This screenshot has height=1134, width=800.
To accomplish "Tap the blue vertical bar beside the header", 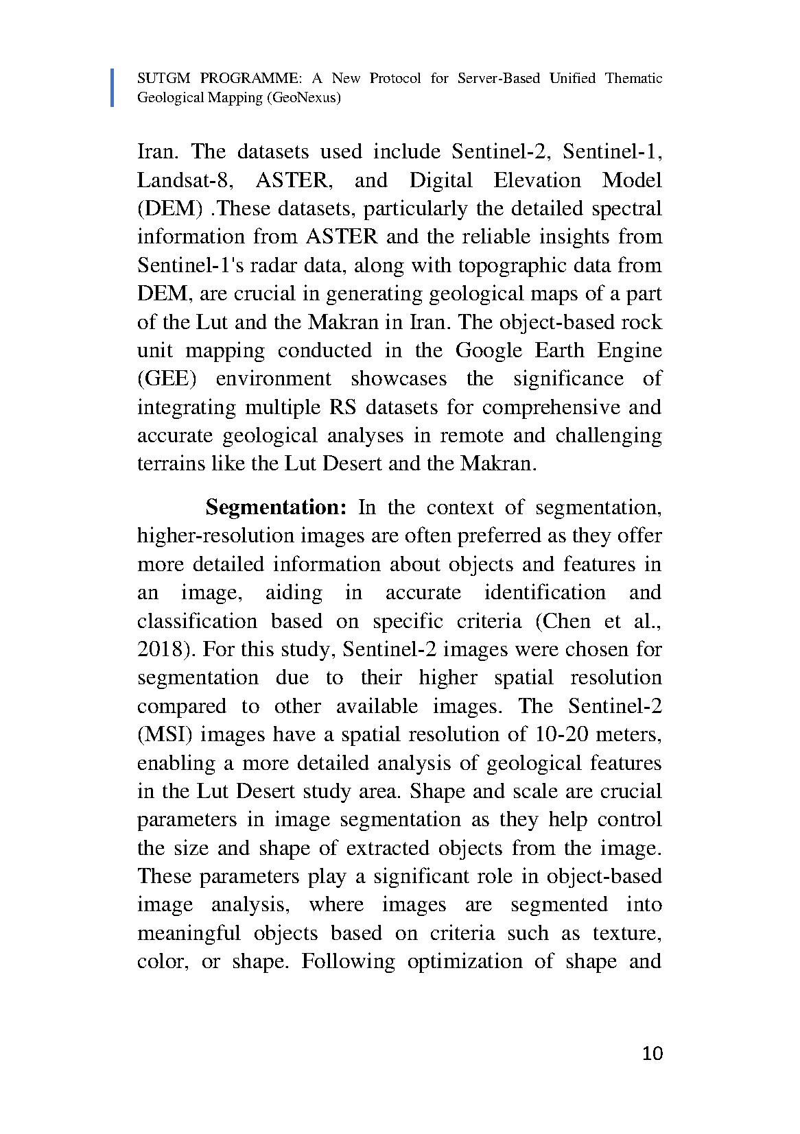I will click(x=113, y=88).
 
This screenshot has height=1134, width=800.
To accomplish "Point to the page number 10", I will click(x=652, y=1054).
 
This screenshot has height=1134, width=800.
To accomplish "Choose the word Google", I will click(x=491, y=350).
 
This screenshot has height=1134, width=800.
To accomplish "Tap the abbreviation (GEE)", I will click(x=167, y=379).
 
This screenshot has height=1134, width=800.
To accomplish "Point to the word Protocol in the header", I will click(x=395, y=78).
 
